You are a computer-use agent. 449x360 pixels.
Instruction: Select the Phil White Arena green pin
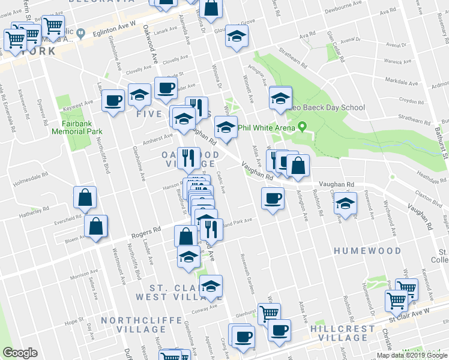pyautogui.click(x=303, y=127)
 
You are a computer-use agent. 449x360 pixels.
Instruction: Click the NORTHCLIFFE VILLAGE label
pyautogui.click(x=133, y=325)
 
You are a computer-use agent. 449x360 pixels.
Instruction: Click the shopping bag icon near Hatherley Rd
pyautogui.click(x=85, y=197)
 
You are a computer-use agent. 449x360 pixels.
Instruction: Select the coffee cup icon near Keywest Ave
pyautogui.click(x=112, y=100)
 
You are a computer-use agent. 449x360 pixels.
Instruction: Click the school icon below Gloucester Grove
pyautogui.click(x=237, y=35)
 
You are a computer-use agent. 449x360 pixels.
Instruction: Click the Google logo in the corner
pyautogui.click(x=20, y=353)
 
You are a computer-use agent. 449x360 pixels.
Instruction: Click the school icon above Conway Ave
pyautogui.click(x=211, y=286)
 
